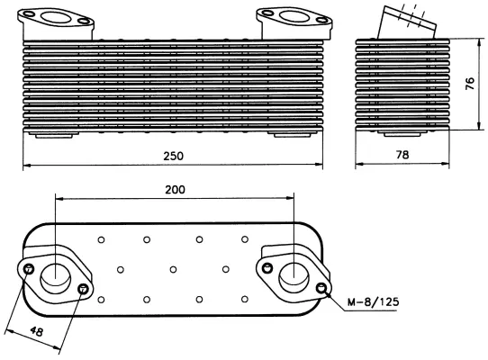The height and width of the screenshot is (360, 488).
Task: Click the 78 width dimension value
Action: pyautogui.click(x=402, y=156)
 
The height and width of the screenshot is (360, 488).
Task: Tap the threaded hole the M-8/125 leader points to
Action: pyautogui.click(x=322, y=288)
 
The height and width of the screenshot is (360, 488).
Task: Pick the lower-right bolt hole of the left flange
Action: pyautogui.click(x=83, y=289)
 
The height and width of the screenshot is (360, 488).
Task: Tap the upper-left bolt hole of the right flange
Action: pyautogui.click(x=267, y=265)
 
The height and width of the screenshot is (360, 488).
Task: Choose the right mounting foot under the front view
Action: pyautogui.click(x=289, y=136)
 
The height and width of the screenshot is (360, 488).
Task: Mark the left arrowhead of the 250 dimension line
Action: pyautogui.click(x=26, y=165)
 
